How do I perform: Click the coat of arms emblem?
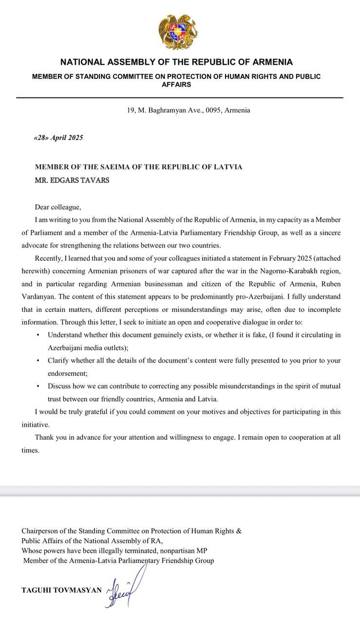178,32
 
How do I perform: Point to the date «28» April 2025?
58,138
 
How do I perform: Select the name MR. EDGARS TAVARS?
72,180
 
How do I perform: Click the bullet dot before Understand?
38,335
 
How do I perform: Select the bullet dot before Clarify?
38,361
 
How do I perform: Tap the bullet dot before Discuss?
38,386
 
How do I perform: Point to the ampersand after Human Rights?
239,531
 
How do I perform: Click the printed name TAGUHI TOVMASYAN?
62,590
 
